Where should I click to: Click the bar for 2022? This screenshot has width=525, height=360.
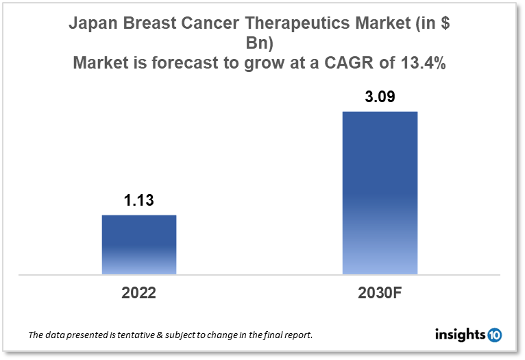point(139,244)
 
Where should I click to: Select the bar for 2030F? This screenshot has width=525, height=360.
point(380,193)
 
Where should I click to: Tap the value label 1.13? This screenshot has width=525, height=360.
point(139,202)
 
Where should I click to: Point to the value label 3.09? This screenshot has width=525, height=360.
point(380,97)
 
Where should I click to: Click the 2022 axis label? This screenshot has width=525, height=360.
point(139,293)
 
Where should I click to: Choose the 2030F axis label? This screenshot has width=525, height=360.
point(380,293)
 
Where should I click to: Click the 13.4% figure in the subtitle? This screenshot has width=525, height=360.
point(422,64)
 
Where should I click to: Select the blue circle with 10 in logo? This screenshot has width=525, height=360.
point(494,335)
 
